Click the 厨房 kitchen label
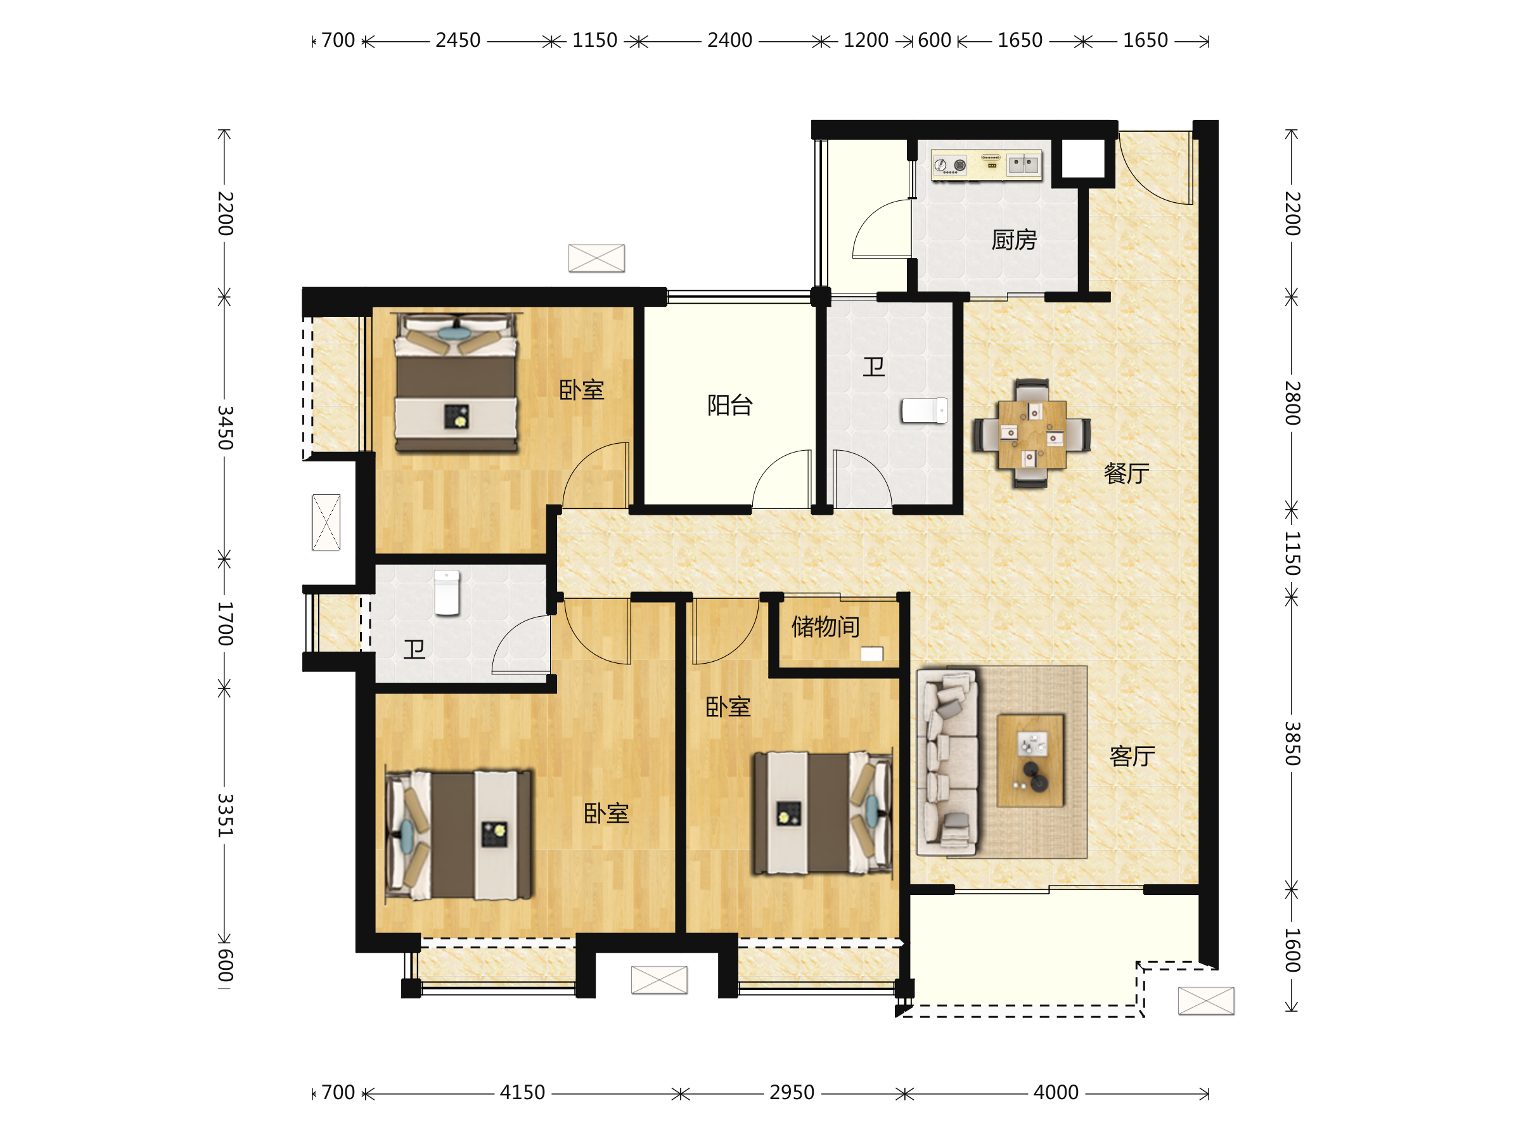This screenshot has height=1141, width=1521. pyautogui.click(x=1013, y=240)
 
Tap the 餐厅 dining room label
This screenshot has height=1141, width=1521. pyautogui.click(x=1126, y=473)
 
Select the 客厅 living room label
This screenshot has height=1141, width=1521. pyautogui.click(x=1132, y=756)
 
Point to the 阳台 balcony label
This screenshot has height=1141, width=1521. pyautogui.click(x=729, y=405)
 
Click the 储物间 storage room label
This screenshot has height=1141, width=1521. pyautogui.click(x=825, y=626)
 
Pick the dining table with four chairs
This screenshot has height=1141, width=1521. pyautogui.click(x=1031, y=434)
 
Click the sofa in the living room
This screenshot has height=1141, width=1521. pyautogui.click(x=947, y=762)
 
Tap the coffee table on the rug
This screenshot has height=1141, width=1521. pyautogui.click(x=1030, y=760)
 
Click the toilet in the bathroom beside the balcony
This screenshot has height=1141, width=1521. pyautogui.click(x=924, y=411)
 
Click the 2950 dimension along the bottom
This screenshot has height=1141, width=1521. pyautogui.click(x=792, y=1092)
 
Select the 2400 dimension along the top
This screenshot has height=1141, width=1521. pyautogui.click(x=729, y=41)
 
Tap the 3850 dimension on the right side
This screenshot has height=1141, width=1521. pyautogui.click(x=1293, y=744)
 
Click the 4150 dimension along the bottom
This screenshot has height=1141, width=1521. pyautogui.click(x=522, y=1092)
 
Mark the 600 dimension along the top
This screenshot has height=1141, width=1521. pyautogui.click(x=935, y=41)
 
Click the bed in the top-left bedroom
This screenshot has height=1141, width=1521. pyautogui.click(x=456, y=382)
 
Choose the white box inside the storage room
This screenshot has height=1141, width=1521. pyautogui.click(x=872, y=654)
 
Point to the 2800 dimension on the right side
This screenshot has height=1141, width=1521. pyautogui.click(x=1293, y=403)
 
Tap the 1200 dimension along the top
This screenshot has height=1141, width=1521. pyautogui.click(x=866, y=41)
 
